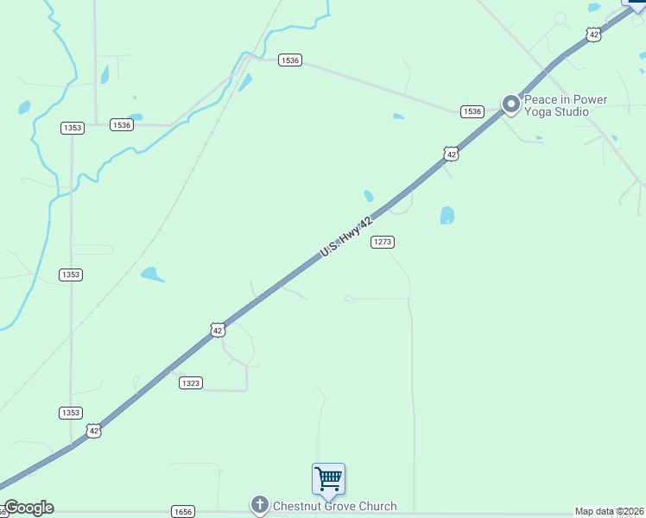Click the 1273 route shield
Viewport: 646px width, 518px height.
[x=383, y=242]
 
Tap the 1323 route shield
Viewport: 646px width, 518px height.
[x=191, y=382]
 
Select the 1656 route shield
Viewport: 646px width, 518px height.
[x=182, y=512]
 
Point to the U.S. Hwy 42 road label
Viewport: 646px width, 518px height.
[x=351, y=236]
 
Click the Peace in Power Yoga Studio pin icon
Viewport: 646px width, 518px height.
[x=510, y=105]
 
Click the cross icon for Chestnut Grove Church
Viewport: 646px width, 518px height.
[x=260, y=505]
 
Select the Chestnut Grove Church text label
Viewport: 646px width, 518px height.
[x=335, y=506]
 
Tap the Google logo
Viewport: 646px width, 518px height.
[x=28, y=508]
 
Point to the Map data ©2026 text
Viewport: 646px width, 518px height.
[x=610, y=511]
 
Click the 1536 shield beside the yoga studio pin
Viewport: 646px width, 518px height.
[x=472, y=111]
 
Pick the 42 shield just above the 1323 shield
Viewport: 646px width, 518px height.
[x=218, y=330]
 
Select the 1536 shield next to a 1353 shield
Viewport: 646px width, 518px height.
[x=122, y=125]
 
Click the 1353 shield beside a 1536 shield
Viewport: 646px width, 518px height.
[x=73, y=128]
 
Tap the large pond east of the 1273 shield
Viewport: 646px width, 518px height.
[x=446, y=215]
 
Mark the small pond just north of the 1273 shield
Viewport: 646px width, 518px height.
[x=369, y=196]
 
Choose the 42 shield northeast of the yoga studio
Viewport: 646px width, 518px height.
[x=592, y=35]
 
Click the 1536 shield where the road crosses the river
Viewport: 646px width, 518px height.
[x=290, y=60]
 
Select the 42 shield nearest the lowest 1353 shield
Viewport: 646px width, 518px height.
[x=93, y=430]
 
